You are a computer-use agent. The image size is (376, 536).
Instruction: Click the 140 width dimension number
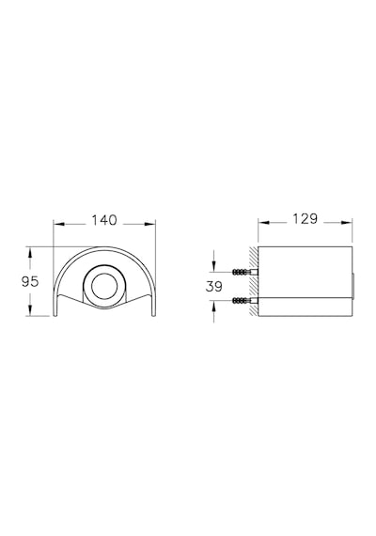point(104,220)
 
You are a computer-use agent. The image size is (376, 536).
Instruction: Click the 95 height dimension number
point(30,282)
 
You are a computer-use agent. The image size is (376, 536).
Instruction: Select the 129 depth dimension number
point(305,219)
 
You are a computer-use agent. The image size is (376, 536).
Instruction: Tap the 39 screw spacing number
point(214,287)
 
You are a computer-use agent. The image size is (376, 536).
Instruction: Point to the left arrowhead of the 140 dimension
point(59,224)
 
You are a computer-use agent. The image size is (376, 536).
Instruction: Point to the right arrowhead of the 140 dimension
point(150,224)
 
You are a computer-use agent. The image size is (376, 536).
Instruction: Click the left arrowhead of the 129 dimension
point(264,223)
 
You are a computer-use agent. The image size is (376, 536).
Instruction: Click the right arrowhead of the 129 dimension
point(346,223)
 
